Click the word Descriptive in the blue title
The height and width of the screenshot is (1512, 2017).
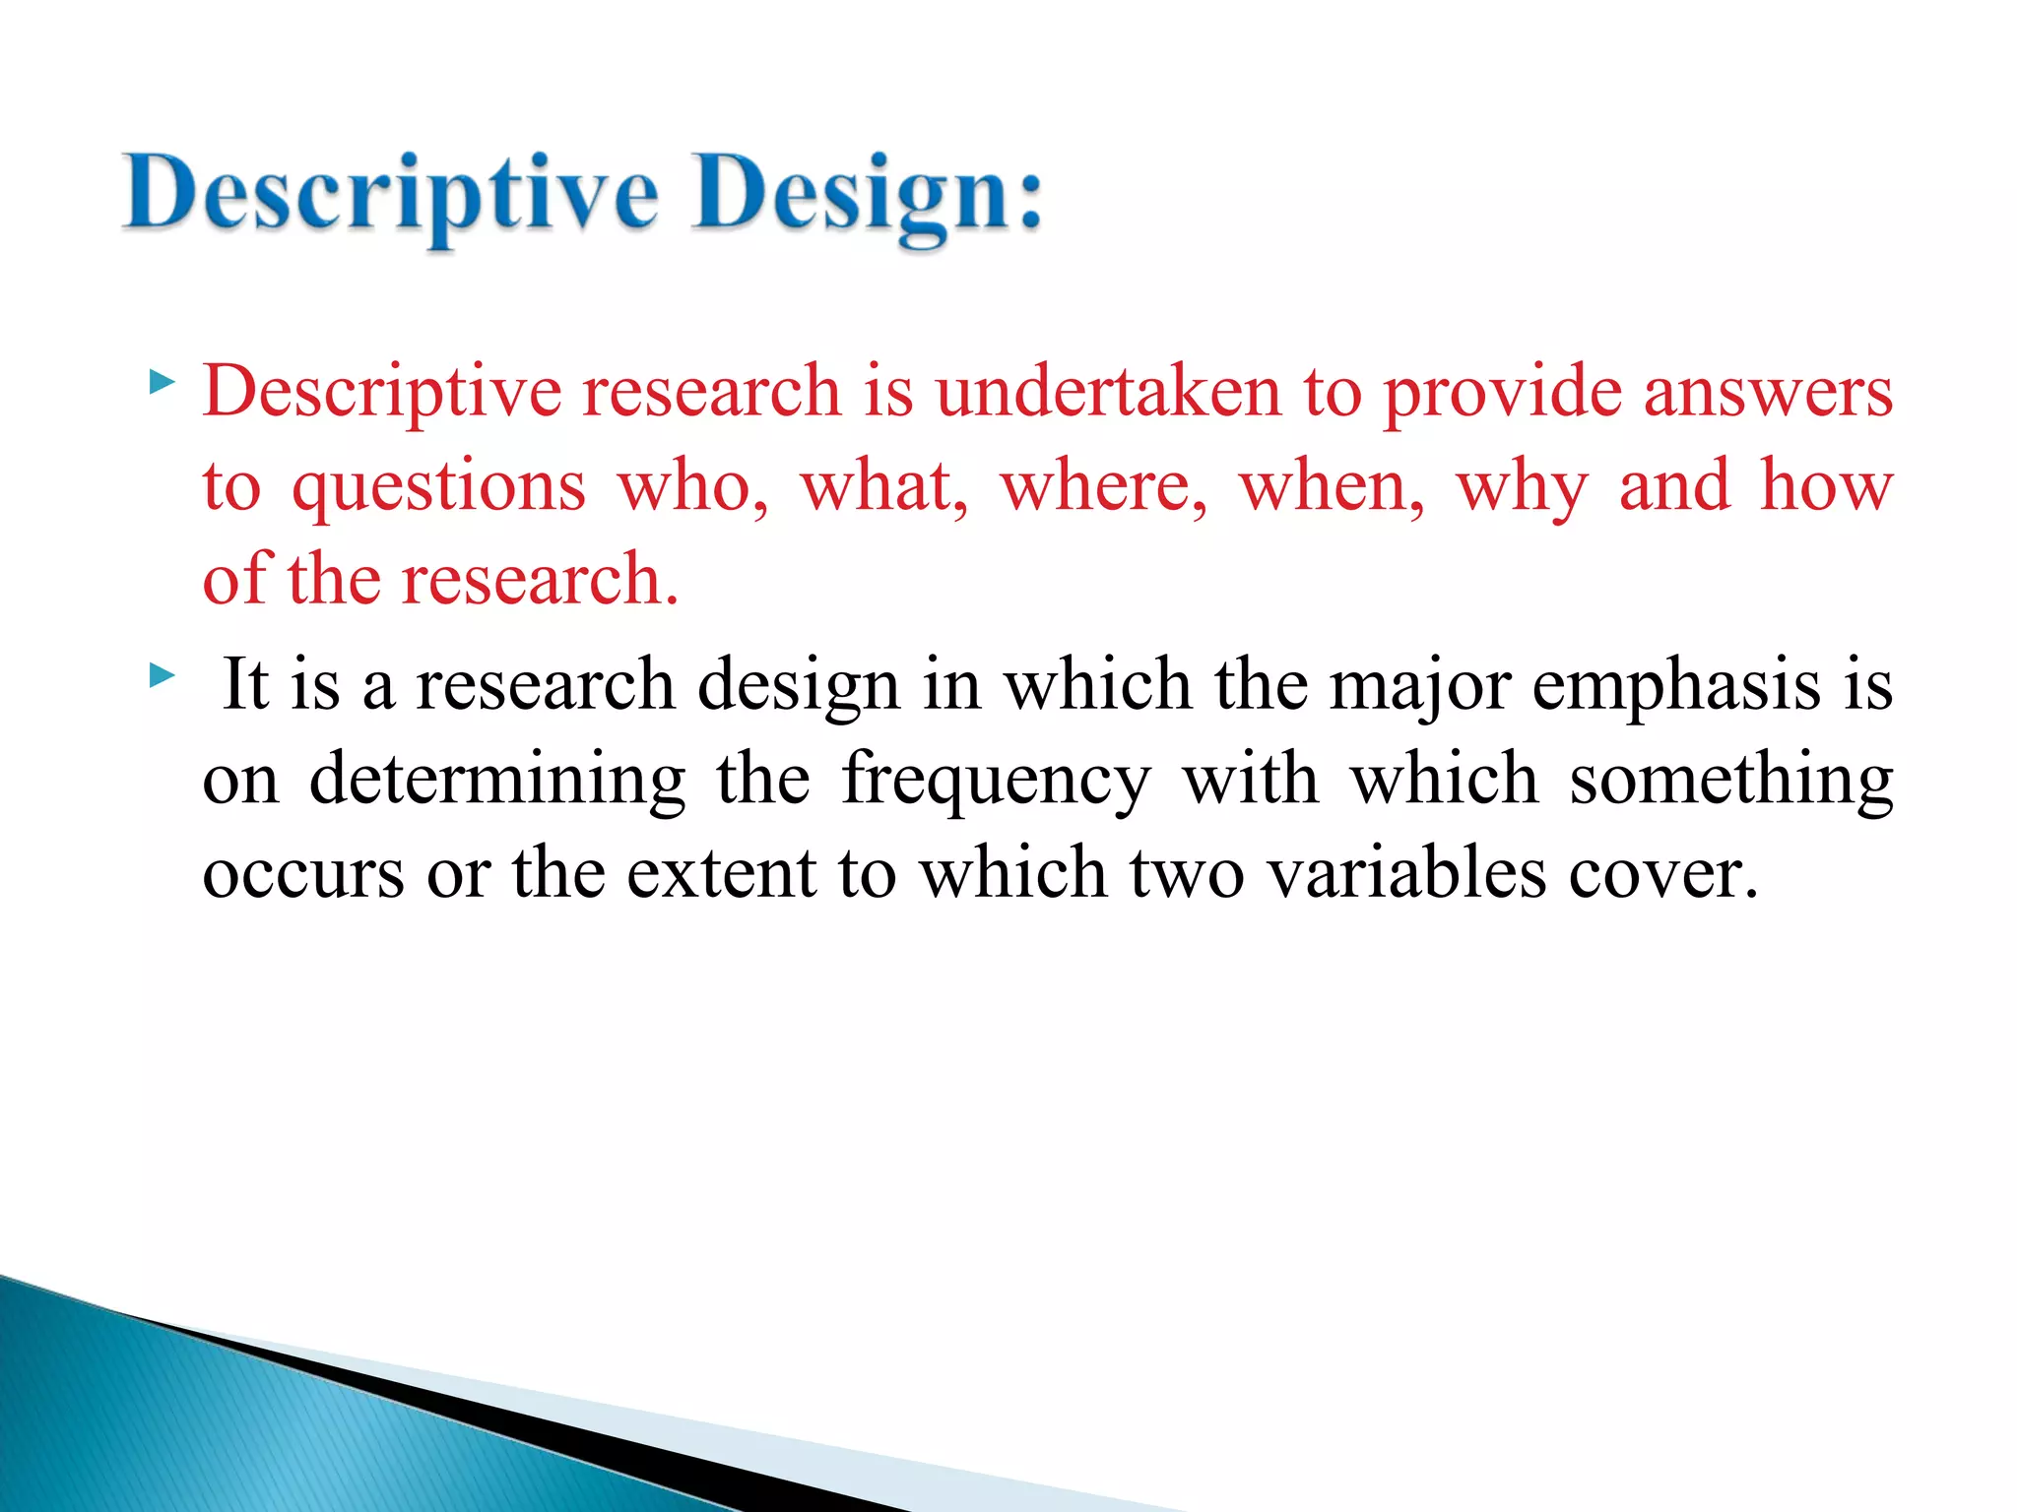(389, 193)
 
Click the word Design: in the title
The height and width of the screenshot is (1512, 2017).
(867, 193)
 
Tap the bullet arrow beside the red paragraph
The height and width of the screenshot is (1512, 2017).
(162, 382)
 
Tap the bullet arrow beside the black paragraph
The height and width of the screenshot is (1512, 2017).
(162, 675)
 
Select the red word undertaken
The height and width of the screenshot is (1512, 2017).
(1108, 391)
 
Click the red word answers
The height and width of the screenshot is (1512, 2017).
(1768, 391)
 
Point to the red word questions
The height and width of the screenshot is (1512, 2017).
(438, 487)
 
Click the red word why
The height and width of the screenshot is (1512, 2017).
(1522, 487)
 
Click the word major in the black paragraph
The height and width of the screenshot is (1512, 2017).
(1419, 685)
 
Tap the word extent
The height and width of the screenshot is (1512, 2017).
(721, 873)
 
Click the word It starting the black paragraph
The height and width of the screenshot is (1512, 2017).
(246, 683)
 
